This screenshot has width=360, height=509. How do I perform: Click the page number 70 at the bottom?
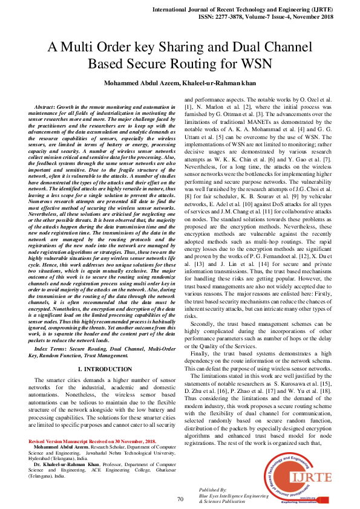click(x=180, y=499)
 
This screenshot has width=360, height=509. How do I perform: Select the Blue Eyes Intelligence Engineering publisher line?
click(x=234, y=496)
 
